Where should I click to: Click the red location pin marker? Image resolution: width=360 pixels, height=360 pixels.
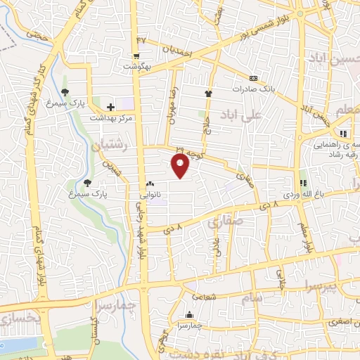[x=181, y=166]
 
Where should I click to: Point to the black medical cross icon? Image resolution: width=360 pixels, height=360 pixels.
[x=110, y=107]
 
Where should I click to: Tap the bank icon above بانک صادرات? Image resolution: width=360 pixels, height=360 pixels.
[x=253, y=78]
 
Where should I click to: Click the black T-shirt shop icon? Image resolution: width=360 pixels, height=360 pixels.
[x=208, y=93]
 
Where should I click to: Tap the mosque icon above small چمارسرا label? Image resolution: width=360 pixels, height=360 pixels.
[x=189, y=314]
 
